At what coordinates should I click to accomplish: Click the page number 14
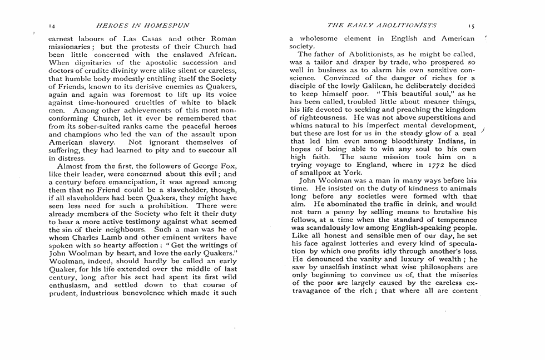52,25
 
